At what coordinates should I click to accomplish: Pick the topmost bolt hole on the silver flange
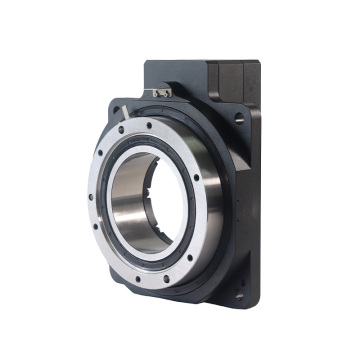click(150, 125)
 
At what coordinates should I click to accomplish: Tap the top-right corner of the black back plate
click(258, 64)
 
